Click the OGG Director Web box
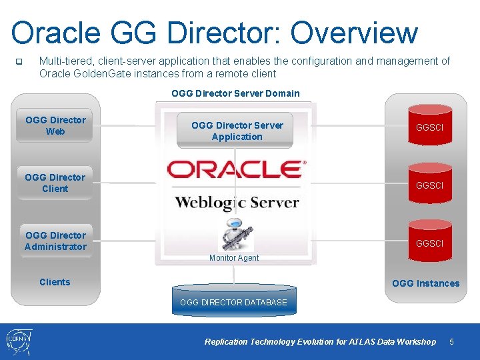click(55, 125)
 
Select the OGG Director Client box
click(55, 183)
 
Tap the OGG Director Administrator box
click(55, 241)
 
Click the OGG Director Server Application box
click(237, 131)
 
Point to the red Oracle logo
click(236, 169)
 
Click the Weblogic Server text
click(237, 202)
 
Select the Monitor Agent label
click(234, 258)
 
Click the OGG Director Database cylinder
click(233, 300)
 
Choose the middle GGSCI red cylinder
click(429, 183)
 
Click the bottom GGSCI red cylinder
click(429, 241)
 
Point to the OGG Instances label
click(425, 283)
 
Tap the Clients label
click(55, 282)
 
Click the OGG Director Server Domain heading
click(235, 93)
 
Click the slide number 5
click(451, 342)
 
